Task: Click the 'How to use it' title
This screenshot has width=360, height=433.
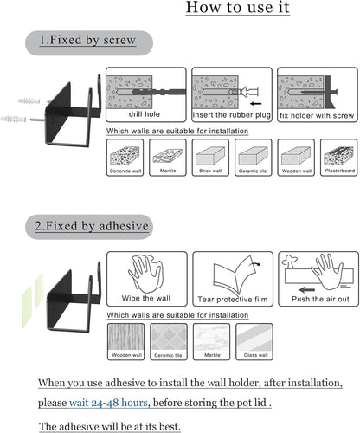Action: (x=238, y=7)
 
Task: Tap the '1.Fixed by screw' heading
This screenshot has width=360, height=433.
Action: (x=87, y=40)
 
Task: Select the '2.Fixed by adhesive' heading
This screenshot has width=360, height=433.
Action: (x=92, y=226)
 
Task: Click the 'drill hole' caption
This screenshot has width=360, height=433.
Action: (x=145, y=114)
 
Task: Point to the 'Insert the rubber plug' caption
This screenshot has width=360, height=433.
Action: (x=232, y=115)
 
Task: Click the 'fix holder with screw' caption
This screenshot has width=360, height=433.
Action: (x=317, y=116)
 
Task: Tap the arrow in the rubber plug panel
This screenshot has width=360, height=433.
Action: (x=255, y=104)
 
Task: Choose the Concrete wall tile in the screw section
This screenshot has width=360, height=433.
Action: (x=125, y=158)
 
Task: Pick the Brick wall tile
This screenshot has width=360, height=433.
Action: (x=210, y=158)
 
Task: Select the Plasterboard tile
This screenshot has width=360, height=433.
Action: (x=339, y=158)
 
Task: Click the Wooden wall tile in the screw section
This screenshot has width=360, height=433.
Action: (x=296, y=158)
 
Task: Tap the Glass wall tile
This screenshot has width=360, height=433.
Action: (x=254, y=342)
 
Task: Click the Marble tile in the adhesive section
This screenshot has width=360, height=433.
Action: (x=211, y=342)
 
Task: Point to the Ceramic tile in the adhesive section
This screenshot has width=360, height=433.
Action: (x=169, y=342)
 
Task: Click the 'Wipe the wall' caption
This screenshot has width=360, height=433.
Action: (x=146, y=298)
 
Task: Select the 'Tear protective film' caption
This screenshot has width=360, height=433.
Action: (x=233, y=300)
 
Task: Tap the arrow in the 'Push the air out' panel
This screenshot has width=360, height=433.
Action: (x=307, y=289)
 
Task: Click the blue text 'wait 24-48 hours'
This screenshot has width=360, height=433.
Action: (x=108, y=403)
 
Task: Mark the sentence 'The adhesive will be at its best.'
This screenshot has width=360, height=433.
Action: (x=110, y=426)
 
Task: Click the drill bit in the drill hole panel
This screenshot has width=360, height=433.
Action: (x=159, y=92)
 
